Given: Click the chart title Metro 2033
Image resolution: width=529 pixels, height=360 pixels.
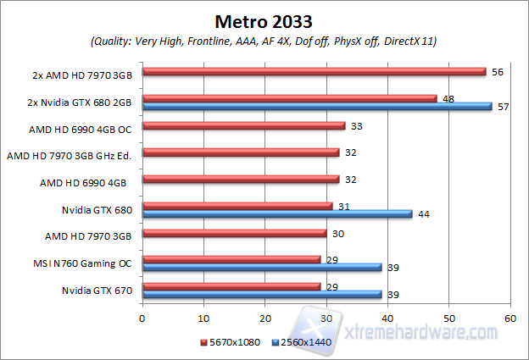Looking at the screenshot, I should pyautogui.click(x=264, y=20).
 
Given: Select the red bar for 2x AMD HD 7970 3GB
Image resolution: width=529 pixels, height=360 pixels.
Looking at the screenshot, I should pyautogui.click(x=314, y=73).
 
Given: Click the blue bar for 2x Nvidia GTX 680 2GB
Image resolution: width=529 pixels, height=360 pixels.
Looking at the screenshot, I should pyautogui.click(x=317, y=107).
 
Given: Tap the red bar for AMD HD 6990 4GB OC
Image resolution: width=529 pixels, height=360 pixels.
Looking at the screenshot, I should pyautogui.click(x=243, y=126).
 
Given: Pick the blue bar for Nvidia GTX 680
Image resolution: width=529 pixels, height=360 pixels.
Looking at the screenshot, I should pyautogui.click(x=277, y=213).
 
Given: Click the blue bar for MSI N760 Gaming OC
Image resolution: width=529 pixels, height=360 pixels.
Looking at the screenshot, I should pyautogui.click(x=262, y=267).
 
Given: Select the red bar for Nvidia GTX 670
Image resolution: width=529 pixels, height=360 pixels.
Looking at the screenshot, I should pyautogui.click(x=231, y=287).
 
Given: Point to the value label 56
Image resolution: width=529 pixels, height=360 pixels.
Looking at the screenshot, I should pyautogui.click(x=498, y=73).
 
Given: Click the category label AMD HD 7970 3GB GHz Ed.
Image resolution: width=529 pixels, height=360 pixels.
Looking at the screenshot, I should pyautogui.click(x=72, y=154).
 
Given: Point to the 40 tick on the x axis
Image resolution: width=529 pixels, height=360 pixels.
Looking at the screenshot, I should pyautogui.click(x=387, y=318).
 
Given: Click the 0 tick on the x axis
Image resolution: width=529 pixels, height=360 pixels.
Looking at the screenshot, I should pyautogui.click(x=142, y=318).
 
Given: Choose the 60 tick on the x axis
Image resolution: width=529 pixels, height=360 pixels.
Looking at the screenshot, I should pyautogui.click(x=510, y=318).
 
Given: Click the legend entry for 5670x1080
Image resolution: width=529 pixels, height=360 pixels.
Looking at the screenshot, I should pyautogui.click(x=230, y=343).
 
